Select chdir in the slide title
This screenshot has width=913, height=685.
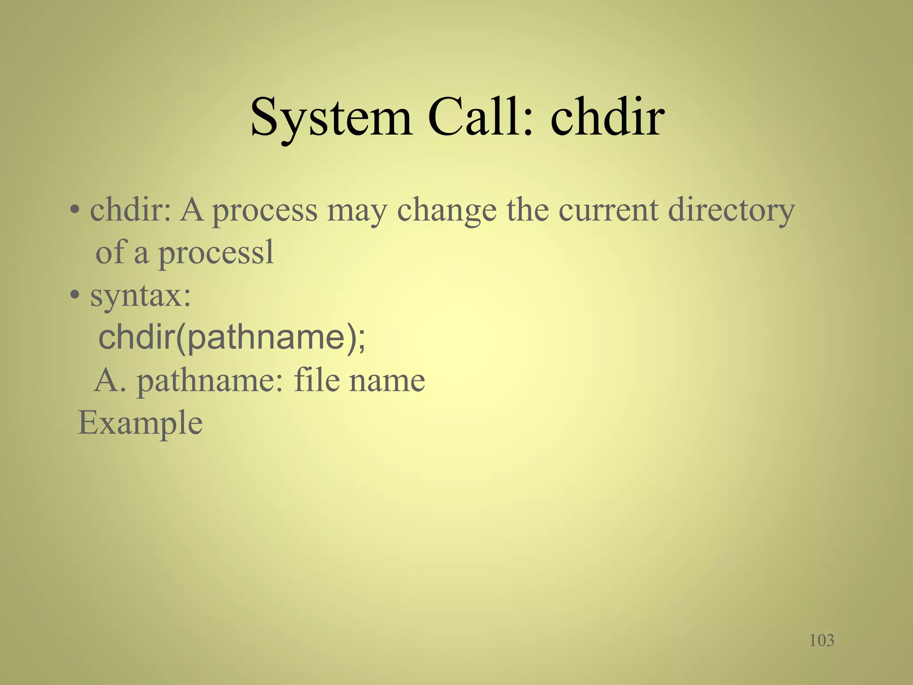pos(607,117)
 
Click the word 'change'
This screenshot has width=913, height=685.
pos(446,211)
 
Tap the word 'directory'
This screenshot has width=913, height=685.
pos(731,211)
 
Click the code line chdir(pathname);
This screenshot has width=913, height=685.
pos(232,338)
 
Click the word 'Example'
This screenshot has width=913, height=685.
pos(140,423)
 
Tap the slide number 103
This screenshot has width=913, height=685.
pos(821,640)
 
